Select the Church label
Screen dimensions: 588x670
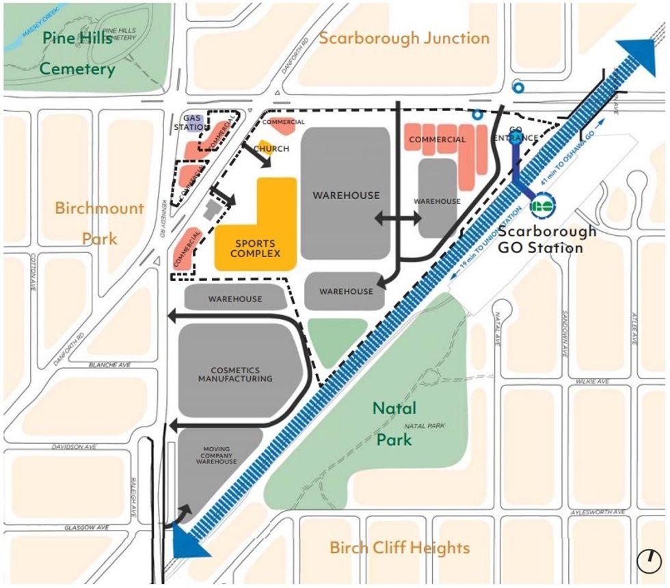pyautogui.click(x=271, y=148)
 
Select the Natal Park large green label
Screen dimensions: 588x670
pyautogui.click(x=394, y=423)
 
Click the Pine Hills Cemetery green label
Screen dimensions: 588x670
pyautogui.click(x=77, y=53)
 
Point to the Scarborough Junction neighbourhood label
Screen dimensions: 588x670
pyautogui.click(x=404, y=38)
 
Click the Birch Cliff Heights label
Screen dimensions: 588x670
pyautogui.click(x=399, y=548)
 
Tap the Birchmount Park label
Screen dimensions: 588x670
pyautogui.click(x=100, y=223)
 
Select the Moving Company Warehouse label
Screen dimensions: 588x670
pyautogui.click(x=217, y=455)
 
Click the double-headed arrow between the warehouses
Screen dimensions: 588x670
pyautogui.click(x=397, y=219)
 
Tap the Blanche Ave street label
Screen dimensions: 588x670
pyautogui.click(x=109, y=365)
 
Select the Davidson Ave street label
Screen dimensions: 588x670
pyautogui.click(x=75, y=446)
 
